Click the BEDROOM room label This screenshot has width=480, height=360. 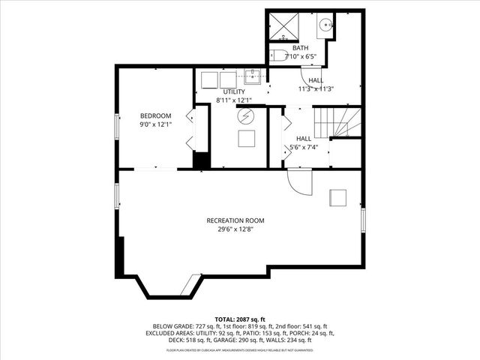[x=156, y=115]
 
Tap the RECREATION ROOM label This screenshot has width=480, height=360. [x=236, y=220]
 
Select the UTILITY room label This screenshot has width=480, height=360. [x=234, y=91]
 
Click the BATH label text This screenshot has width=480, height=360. [x=300, y=48]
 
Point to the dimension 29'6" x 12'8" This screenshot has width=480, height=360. [x=236, y=229]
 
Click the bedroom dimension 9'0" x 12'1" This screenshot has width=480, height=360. [x=156, y=124]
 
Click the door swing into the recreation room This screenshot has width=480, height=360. [x=299, y=183]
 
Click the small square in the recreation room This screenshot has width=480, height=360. [x=339, y=197]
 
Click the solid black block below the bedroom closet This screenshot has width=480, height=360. [x=200, y=161]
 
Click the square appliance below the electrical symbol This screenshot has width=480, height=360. [x=247, y=138]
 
